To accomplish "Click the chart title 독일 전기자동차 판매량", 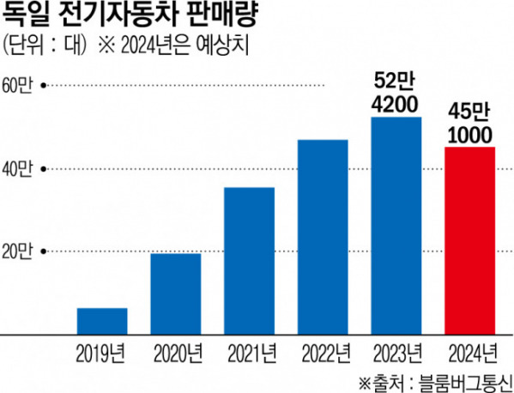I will [128, 16].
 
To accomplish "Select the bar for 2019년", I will [102, 320].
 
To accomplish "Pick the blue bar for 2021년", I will [250, 260].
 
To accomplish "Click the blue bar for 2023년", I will [396, 225].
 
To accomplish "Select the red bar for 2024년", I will [470, 240].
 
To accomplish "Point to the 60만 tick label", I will [18, 85].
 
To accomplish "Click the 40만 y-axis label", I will [18, 168].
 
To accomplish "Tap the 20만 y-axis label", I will [18, 251].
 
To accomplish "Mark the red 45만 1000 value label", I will [470, 124].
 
